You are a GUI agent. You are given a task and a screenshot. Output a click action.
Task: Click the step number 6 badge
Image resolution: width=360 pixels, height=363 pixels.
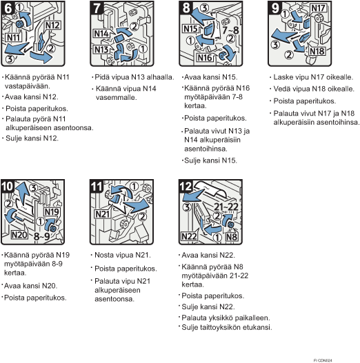tap(8, 8)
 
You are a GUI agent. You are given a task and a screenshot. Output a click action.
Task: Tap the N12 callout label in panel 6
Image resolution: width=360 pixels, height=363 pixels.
tap(52, 25)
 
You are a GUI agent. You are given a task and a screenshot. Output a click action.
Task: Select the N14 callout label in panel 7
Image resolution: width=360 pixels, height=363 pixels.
tap(101, 34)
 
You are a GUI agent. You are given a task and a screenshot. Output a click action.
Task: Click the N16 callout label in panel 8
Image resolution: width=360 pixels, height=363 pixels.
tap(205, 58)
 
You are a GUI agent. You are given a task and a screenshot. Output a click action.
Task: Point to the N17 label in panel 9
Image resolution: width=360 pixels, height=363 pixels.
tap(318, 8)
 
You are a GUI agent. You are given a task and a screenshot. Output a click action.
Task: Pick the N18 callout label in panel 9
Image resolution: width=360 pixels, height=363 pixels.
tap(317, 51)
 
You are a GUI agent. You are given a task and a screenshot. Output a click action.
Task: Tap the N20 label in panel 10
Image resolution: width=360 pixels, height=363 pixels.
tap(19, 235)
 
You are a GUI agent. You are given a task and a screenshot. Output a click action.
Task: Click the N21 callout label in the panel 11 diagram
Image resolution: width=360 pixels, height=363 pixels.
tap(102, 214)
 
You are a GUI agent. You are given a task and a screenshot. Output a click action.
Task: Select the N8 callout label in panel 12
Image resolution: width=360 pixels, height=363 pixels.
tap(232, 237)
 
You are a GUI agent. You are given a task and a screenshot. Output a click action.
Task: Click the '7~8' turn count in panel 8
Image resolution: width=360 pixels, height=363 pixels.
tap(230, 30)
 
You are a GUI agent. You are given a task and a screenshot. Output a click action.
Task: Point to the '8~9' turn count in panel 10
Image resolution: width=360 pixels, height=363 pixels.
tap(42, 236)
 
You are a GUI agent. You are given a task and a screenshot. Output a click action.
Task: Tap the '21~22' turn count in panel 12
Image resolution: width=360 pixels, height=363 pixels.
tap(226, 207)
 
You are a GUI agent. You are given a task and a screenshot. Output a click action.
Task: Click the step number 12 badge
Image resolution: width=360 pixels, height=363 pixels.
tap(186, 187)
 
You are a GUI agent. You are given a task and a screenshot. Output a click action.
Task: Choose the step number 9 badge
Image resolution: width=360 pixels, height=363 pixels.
tap(274, 8)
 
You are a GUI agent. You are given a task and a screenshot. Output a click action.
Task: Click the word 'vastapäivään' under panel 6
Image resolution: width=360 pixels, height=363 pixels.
tap(28, 86)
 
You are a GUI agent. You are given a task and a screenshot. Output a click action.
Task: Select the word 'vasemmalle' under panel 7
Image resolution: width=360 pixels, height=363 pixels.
tap(117, 97)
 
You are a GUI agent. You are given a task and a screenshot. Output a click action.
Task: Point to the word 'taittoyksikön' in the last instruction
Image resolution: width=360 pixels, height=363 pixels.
tap(221, 327)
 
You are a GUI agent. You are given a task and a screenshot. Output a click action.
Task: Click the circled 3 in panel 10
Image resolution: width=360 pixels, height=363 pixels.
tap(34, 188)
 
